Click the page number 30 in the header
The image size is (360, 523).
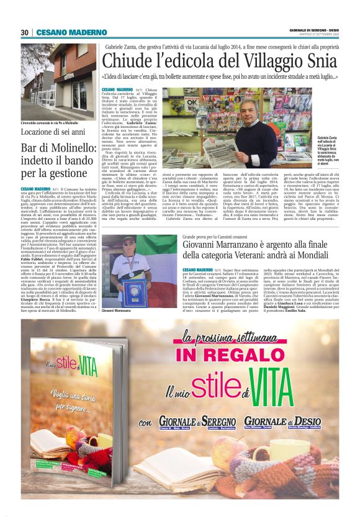tap(25, 32)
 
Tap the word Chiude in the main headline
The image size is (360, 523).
tap(130, 61)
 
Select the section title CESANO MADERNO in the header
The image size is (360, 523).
tap(63, 32)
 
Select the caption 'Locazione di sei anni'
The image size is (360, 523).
tap(52, 132)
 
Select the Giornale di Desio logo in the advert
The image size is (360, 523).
tap(291, 423)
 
